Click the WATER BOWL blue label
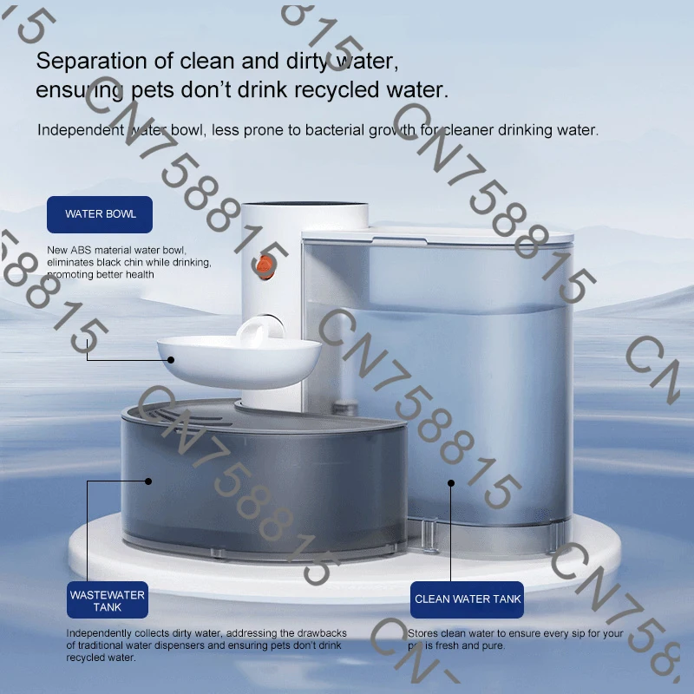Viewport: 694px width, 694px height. click(100, 214)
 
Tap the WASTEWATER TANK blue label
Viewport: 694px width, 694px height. click(107, 601)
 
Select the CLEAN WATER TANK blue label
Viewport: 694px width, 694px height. click(468, 599)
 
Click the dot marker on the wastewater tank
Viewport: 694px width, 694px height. click(149, 480)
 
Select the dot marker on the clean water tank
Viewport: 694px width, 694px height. click(450, 481)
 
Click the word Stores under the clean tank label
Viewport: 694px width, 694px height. click(425, 633)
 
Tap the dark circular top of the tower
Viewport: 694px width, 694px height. click(305, 208)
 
